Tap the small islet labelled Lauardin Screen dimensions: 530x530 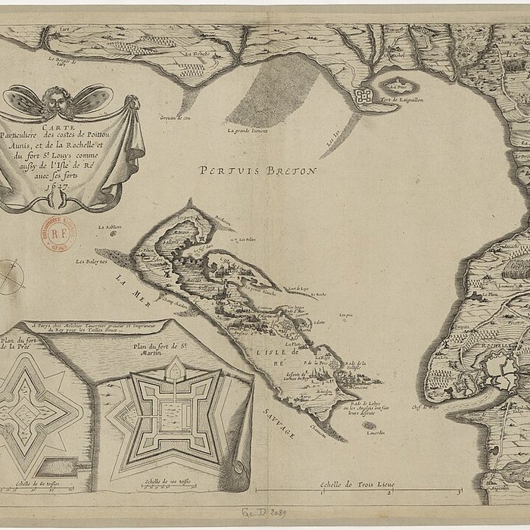click(x=369, y=429)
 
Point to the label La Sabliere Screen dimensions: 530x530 click(x=110, y=226)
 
